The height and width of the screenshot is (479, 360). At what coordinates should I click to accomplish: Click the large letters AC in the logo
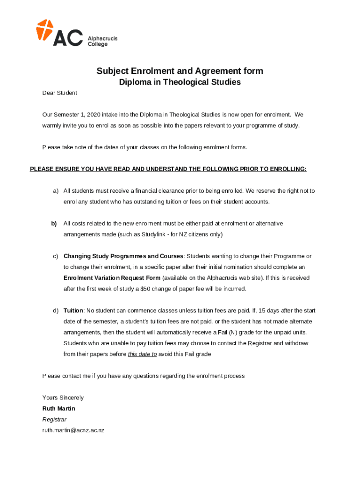[x=68, y=37]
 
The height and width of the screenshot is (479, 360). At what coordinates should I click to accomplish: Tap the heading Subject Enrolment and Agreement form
[x=180, y=71]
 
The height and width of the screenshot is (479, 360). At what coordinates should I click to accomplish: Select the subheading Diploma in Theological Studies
[x=180, y=82]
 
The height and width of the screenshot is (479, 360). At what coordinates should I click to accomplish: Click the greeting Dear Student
[x=59, y=93]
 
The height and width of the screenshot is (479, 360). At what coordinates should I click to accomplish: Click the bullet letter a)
[x=55, y=191]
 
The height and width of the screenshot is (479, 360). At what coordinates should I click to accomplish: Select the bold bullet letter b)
[x=54, y=224]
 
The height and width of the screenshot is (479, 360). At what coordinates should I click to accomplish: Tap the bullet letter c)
[x=55, y=256]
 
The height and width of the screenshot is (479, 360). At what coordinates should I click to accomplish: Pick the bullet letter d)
[x=55, y=311]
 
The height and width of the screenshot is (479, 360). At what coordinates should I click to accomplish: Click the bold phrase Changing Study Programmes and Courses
[x=123, y=256]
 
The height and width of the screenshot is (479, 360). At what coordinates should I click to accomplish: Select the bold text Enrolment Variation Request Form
[x=112, y=278]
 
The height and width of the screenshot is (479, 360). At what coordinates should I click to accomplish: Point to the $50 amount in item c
[x=145, y=289]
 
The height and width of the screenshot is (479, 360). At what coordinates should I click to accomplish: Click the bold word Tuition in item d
[x=73, y=311]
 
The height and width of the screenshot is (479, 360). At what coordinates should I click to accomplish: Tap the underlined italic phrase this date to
[x=142, y=354]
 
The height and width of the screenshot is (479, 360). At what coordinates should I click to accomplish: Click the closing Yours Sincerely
[x=63, y=398]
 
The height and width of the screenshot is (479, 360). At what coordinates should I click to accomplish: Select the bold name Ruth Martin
[x=58, y=408]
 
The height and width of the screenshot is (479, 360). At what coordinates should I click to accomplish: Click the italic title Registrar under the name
[x=54, y=420]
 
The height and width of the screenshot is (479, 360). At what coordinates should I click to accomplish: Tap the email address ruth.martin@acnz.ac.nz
[x=73, y=430]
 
